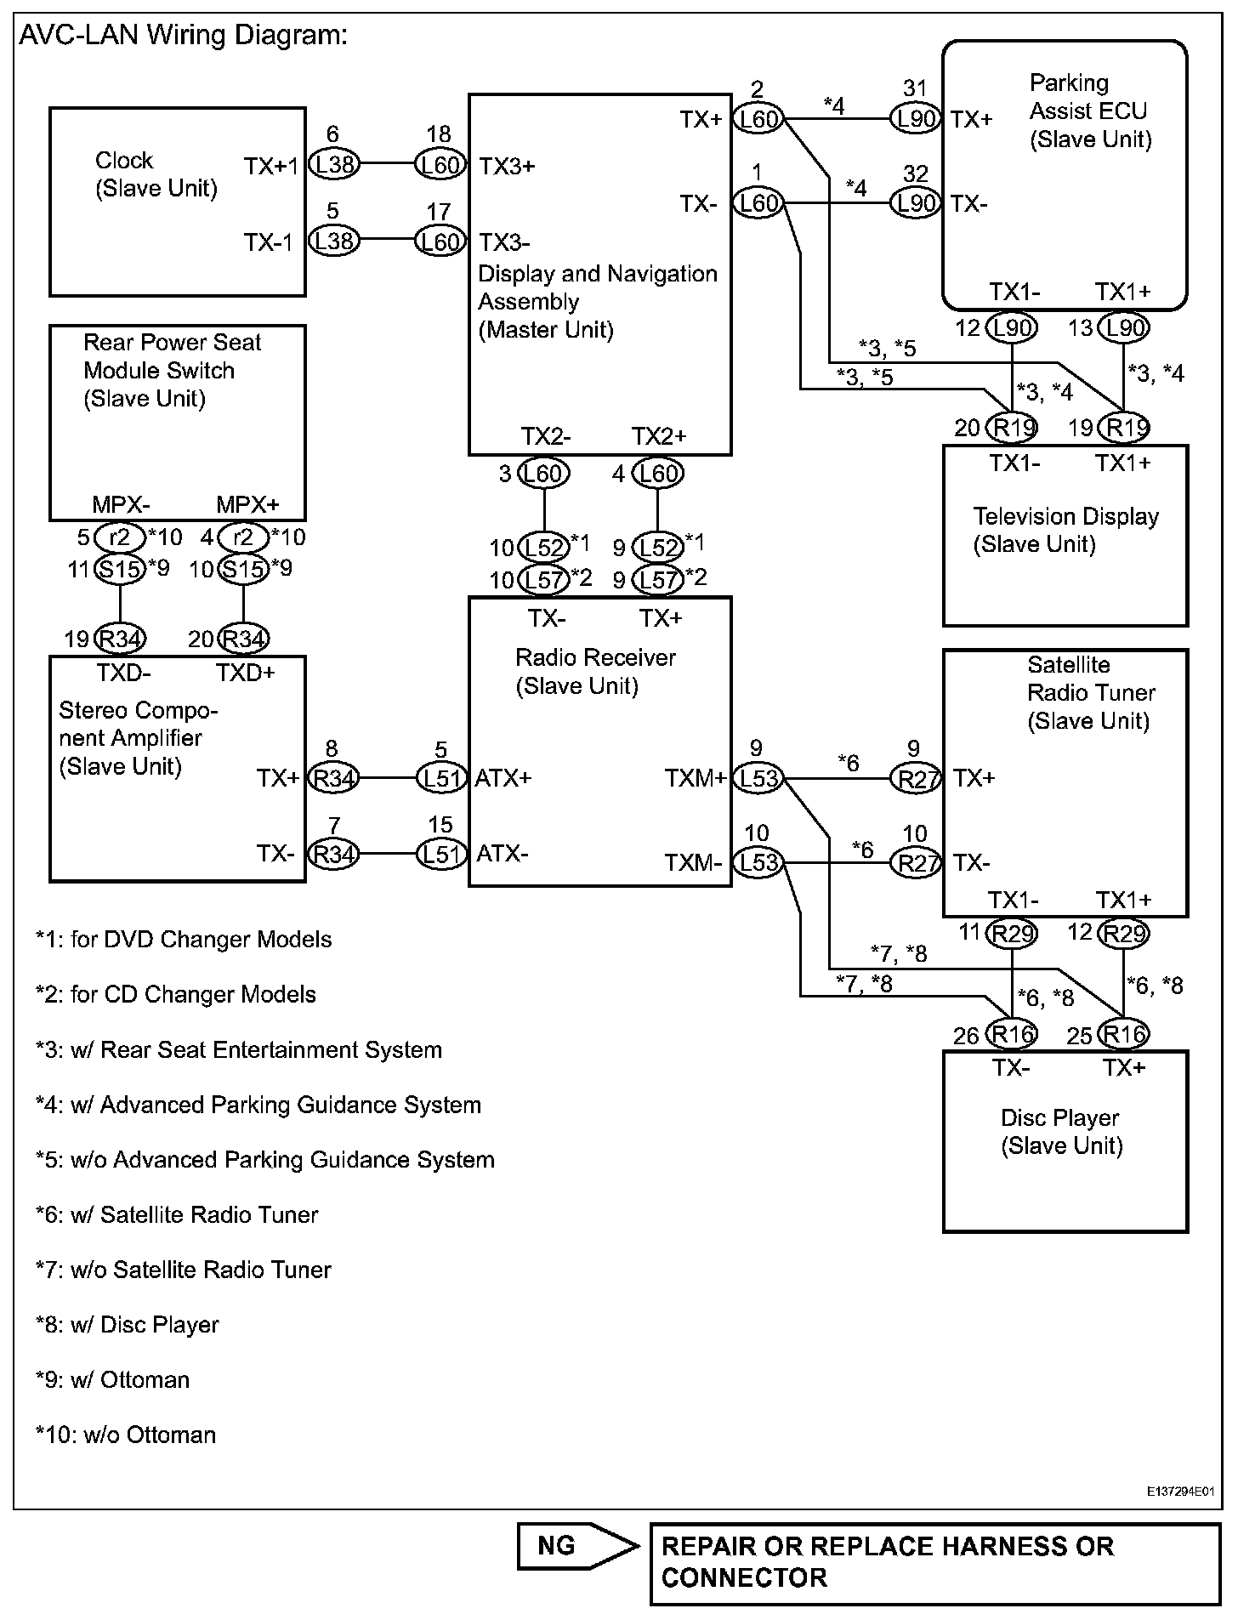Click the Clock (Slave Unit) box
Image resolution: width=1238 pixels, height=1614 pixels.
[x=177, y=202]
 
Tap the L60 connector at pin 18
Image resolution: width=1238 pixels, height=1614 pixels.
[x=440, y=164]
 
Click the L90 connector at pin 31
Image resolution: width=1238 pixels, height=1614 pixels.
[x=916, y=119]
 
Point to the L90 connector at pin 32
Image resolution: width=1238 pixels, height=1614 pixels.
[x=916, y=204]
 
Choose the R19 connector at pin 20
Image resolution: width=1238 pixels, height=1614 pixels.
[x=1012, y=427]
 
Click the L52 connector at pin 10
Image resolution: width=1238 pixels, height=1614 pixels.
[x=544, y=546]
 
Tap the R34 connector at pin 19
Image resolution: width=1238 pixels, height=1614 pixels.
[x=120, y=639]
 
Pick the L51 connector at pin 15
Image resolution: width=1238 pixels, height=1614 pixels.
[x=440, y=853]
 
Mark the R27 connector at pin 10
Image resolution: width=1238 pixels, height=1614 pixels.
[x=916, y=863]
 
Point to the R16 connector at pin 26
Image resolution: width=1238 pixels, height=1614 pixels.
[x=1012, y=1034]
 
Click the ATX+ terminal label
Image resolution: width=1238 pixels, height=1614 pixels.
[x=503, y=778]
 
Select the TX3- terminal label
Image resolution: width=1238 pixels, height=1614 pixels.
[x=504, y=242]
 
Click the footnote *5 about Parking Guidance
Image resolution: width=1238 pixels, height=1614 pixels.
[x=264, y=1160]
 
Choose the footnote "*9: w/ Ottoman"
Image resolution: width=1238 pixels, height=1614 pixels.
[x=112, y=1379]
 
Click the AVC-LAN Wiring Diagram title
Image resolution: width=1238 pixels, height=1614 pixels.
[x=183, y=36]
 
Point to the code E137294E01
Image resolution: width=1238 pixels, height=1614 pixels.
[x=1179, y=1492]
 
